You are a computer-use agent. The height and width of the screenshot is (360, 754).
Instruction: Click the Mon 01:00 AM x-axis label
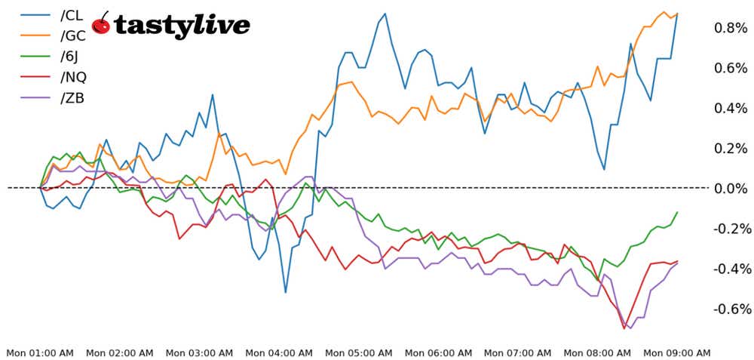[x=40, y=352]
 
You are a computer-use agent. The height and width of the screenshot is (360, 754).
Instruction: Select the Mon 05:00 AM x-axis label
[x=359, y=352]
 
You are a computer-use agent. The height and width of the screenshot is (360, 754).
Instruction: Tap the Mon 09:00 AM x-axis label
[x=677, y=352]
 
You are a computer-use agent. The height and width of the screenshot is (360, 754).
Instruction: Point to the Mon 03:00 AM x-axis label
[x=199, y=352]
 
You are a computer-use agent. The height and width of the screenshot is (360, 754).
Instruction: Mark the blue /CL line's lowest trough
[x=286, y=292]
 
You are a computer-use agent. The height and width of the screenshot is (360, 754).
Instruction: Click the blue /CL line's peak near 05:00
[x=385, y=14]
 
